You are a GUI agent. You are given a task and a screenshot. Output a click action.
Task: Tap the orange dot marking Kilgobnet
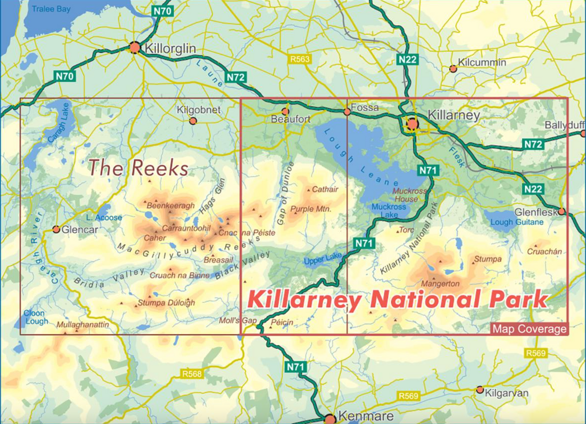(193, 121)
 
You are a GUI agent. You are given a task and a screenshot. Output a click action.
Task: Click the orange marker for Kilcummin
(453, 69)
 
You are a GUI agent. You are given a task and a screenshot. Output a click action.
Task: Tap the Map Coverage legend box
(529, 329)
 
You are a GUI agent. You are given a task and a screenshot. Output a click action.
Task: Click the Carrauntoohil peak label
(186, 228)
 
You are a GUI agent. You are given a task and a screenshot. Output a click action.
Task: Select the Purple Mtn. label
(311, 210)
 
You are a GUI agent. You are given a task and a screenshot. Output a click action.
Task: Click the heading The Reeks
(139, 169)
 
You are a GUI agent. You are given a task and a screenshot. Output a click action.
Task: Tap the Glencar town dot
(56, 229)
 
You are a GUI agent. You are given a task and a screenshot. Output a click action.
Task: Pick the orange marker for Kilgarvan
(480, 390)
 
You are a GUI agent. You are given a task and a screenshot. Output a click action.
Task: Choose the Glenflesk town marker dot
(562, 212)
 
